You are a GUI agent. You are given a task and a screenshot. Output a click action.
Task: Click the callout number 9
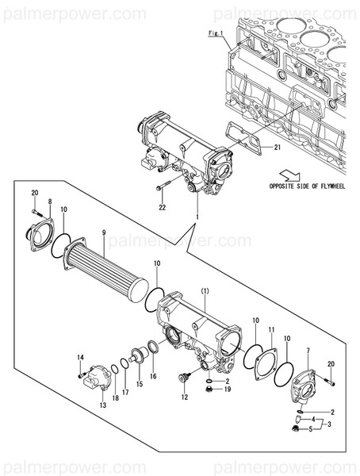click(103, 233)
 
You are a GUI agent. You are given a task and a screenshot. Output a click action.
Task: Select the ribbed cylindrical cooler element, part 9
click(107, 269)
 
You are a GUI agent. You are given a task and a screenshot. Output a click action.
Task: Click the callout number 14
click(80, 357)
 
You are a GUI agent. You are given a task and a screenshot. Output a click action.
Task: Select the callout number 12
click(185, 397)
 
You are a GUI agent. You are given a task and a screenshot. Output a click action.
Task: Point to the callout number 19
click(226, 390)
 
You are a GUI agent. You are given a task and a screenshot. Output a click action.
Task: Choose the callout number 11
click(270, 328)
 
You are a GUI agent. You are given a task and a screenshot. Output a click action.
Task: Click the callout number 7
click(308, 351)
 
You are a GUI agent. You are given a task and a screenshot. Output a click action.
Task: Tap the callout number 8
click(49, 202)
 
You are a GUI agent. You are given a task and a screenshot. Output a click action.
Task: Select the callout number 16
click(153, 376)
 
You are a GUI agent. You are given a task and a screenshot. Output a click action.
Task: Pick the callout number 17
click(124, 393)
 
